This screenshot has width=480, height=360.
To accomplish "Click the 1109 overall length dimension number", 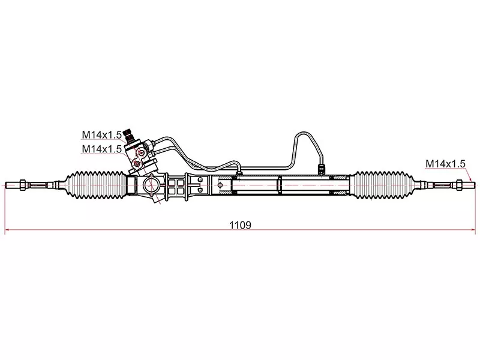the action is coord(241,226).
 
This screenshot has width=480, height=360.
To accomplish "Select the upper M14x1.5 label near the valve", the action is coord(102,134).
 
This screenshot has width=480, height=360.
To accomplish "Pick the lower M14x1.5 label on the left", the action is coord(102,149).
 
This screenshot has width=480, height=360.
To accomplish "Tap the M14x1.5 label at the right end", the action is coord(445,164).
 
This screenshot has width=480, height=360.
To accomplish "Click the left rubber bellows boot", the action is coord(95,185).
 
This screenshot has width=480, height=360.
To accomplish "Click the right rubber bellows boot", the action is coord(383,185).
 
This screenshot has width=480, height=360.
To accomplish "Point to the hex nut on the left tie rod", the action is coord(23,185).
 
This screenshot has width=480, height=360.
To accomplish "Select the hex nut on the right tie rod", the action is coord(458,185).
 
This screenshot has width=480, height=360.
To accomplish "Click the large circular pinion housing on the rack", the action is coord(151,185).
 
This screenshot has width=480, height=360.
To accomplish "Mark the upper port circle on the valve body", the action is coord(141,152).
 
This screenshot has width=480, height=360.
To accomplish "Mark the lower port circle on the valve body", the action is coord(137,164).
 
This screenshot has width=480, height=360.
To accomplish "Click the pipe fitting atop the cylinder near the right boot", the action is coord(321,169).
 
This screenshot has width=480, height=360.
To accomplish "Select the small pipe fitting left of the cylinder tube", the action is coord(239,170).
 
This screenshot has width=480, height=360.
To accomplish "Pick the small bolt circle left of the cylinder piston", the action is coord(220,185).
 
